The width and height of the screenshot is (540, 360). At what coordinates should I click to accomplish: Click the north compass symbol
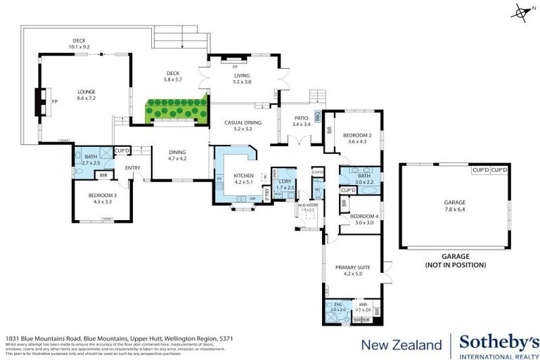(x=520, y=11)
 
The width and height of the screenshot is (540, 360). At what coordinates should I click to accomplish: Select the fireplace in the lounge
(x=40, y=101)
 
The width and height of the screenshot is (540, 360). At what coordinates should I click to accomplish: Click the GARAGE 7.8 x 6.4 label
(x=454, y=205)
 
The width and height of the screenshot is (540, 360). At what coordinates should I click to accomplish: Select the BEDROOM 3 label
(x=103, y=198)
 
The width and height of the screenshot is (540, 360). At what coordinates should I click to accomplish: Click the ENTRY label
(x=133, y=167)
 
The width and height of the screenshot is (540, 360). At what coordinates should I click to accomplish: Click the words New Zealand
(x=400, y=345)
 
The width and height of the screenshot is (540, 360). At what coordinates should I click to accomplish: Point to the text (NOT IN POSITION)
(x=455, y=265)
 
